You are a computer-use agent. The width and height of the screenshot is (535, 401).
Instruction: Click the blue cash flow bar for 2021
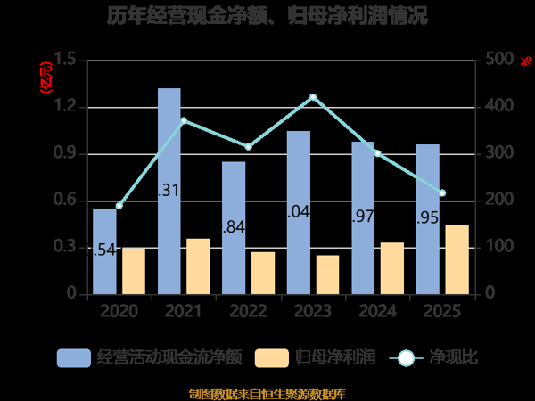169,191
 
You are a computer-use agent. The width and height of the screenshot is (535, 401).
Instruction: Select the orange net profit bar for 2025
457,258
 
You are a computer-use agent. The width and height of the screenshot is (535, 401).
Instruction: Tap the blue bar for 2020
104,250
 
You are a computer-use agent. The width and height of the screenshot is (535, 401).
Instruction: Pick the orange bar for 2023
327,274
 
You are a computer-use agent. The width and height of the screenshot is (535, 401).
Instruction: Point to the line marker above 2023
313,96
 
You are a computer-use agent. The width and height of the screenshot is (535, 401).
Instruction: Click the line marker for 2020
119,206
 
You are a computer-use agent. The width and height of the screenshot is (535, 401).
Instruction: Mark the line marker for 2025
442,193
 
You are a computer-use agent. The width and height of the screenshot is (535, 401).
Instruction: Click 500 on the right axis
499,60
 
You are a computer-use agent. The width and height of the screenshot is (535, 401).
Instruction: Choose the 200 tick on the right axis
499,200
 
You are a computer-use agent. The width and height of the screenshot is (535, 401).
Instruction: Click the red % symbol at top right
526,61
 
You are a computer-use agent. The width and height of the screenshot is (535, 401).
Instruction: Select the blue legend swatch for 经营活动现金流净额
74,358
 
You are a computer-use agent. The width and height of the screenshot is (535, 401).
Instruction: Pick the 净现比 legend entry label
454,358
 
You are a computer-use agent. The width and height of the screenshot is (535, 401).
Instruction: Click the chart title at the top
267,15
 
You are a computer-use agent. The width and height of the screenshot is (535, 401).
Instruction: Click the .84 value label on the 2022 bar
234,227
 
